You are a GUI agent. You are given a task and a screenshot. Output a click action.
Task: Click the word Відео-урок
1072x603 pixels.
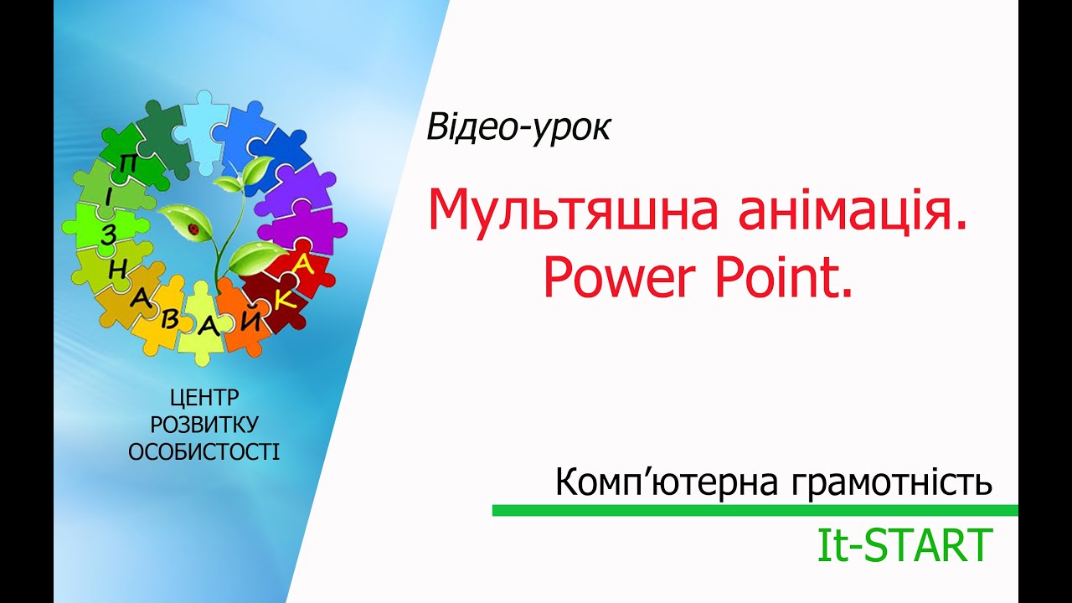tap(518, 126)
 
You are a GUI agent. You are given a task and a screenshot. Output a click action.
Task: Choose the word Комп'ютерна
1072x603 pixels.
tap(657, 482)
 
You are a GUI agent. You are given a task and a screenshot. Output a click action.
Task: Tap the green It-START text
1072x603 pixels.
tap(904, 545)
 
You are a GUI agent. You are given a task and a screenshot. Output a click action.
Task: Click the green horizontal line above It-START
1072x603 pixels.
tap(754, 510)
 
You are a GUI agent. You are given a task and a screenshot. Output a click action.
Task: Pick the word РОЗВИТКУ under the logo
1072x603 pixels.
tap(204, 425)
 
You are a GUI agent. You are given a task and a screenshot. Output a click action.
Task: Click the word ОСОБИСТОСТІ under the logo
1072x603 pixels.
tap(204, 453)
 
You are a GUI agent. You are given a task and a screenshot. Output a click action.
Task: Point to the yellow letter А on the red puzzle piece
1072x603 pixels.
tap(303, 265)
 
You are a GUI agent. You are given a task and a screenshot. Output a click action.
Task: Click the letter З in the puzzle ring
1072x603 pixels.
tap(107, 235)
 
